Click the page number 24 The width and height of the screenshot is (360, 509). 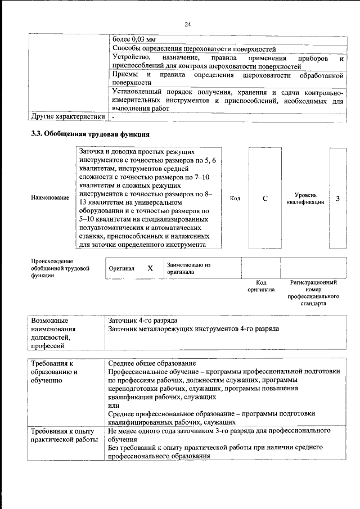187,24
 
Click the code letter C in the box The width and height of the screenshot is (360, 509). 265,198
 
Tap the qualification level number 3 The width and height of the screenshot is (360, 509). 337,198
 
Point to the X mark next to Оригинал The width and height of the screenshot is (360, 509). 150,268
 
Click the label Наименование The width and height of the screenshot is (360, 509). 51,197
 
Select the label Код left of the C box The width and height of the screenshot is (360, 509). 235,198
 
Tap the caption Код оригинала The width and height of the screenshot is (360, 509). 261,286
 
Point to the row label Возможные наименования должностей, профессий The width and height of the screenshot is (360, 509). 57,332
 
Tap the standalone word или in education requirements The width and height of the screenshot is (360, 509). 113,406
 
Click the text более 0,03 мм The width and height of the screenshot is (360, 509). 134,40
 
